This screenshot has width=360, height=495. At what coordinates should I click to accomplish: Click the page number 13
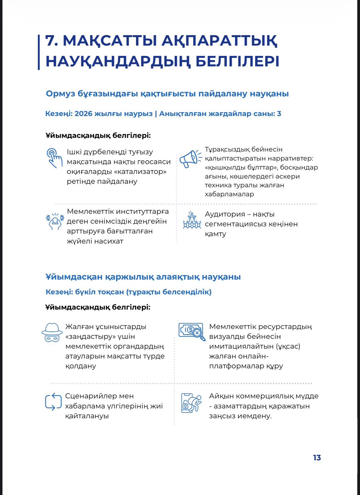tap(317, 458)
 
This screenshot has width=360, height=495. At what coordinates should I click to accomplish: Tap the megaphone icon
tap(190, 159)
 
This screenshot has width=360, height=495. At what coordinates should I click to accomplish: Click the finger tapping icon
tap(54, 158)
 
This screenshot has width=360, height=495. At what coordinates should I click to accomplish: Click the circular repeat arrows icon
tap(53, 402)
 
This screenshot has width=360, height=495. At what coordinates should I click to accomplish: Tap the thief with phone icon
tap(191, 403)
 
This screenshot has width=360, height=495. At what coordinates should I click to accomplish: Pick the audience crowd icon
tap(192, 220)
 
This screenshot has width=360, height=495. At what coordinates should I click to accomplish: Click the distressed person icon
tap(55, 221)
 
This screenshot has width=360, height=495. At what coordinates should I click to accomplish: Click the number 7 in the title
tap(52, 41)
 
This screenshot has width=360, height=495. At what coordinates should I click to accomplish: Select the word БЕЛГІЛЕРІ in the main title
tap(237, 61)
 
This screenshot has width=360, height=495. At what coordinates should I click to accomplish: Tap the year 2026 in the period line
tap(84, 114)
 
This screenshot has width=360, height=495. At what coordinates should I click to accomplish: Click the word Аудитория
tap(225, 214)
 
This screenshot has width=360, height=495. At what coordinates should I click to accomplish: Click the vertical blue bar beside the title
tap(39, 52)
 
